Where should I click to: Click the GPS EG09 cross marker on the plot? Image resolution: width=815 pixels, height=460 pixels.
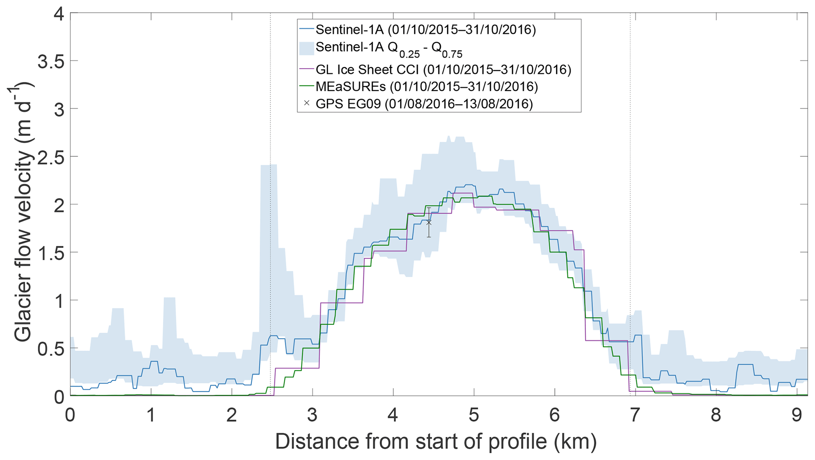point(429,223)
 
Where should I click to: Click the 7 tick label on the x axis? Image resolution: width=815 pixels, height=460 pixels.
point(634,415)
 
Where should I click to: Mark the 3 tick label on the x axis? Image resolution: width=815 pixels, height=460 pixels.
point(312,415)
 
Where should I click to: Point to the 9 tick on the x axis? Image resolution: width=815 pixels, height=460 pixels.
point(796,415)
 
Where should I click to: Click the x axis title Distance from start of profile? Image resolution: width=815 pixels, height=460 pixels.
point(435,441)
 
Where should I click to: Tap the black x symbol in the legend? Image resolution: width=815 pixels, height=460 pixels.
point(306,103)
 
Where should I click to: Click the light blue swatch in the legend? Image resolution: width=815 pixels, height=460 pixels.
point(306,48)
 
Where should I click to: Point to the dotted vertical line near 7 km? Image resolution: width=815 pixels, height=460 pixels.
point(630,158)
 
